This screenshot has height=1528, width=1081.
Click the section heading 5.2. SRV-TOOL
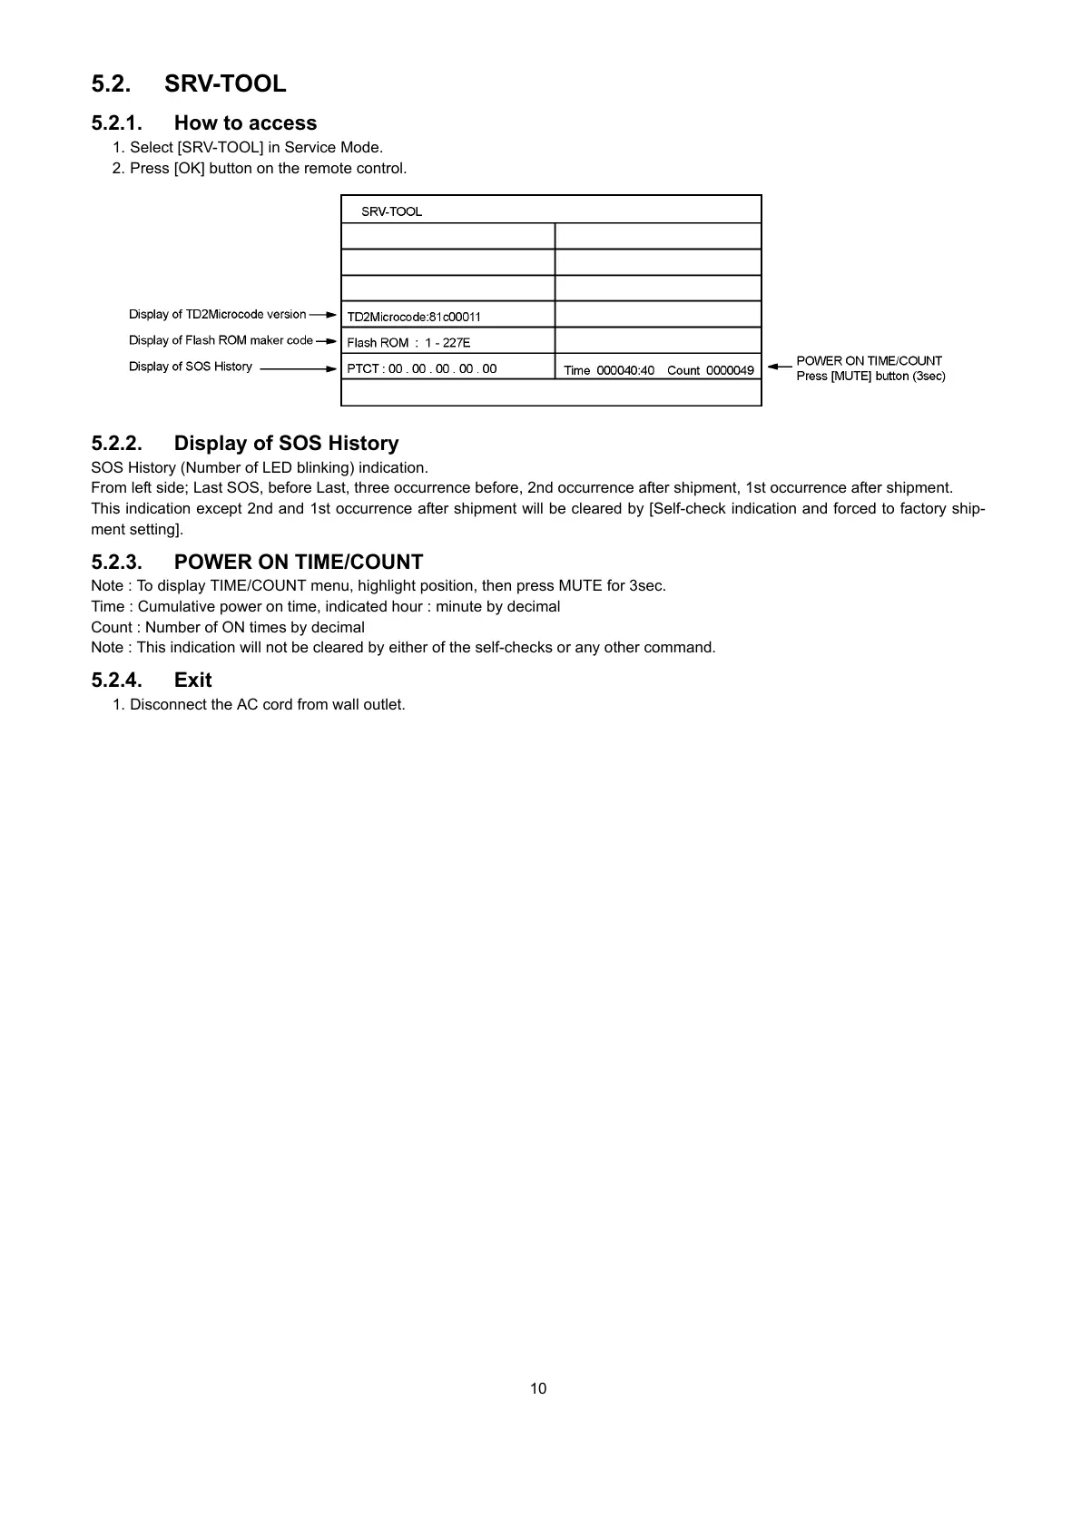[x=189, y=83]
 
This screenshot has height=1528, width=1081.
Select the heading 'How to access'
[x=245, y=123]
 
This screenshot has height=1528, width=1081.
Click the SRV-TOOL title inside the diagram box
[x=391, y=211]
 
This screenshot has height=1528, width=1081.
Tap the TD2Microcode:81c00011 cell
[x=414, y=317]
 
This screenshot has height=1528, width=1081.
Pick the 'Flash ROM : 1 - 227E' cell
[x=408, y=343]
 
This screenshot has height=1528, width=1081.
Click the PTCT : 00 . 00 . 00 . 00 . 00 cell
[x=422, y=368]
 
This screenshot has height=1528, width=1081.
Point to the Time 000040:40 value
[x=609, y=370]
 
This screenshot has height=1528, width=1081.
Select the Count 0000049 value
[x=711, y=370]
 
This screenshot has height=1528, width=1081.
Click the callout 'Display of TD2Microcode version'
[x=217, y=315]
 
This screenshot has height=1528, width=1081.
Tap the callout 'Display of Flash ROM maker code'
[x=221, y=340]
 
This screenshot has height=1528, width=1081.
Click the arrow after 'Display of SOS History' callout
[x=298, y=368]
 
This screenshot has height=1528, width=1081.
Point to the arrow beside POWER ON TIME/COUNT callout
[x=779, y=367]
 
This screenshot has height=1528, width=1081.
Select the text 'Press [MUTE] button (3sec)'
[x=870, y=377]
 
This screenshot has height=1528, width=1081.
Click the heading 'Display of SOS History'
[x=286, y=444]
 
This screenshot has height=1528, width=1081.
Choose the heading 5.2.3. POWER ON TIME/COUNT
[x=257, y=562]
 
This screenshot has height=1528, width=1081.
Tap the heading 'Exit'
[x=192, y=681]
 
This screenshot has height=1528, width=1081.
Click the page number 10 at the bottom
[x=538, y=1388]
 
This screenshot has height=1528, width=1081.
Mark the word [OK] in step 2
[x=189, y=169]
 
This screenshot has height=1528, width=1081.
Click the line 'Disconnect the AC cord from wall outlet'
[x=267, y=705]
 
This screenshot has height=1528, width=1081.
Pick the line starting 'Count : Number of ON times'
[x=228, y=627]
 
